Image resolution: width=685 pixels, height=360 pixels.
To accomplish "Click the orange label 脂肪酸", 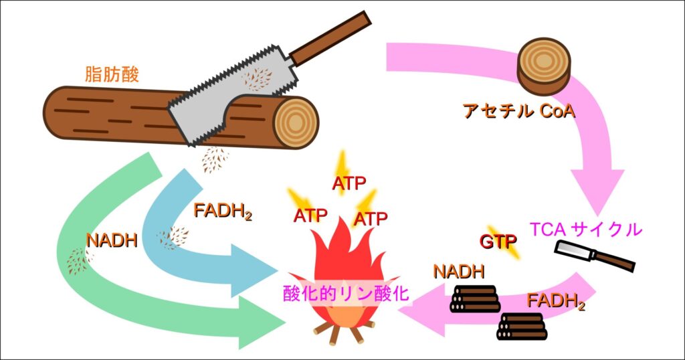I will (x=112, y=74).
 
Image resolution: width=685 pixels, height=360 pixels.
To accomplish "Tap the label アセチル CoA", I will (x=518, y=111).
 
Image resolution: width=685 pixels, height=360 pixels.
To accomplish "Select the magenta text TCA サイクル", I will (x=585, y=230).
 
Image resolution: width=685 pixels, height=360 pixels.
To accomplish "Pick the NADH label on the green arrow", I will (x=112, y=240).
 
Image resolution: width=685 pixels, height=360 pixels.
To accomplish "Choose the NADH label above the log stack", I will (x=458, y=272).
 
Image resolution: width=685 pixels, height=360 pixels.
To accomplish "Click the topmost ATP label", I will (x=349, y=183).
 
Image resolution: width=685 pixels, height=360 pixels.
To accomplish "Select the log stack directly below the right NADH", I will (x=474, y=298).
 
